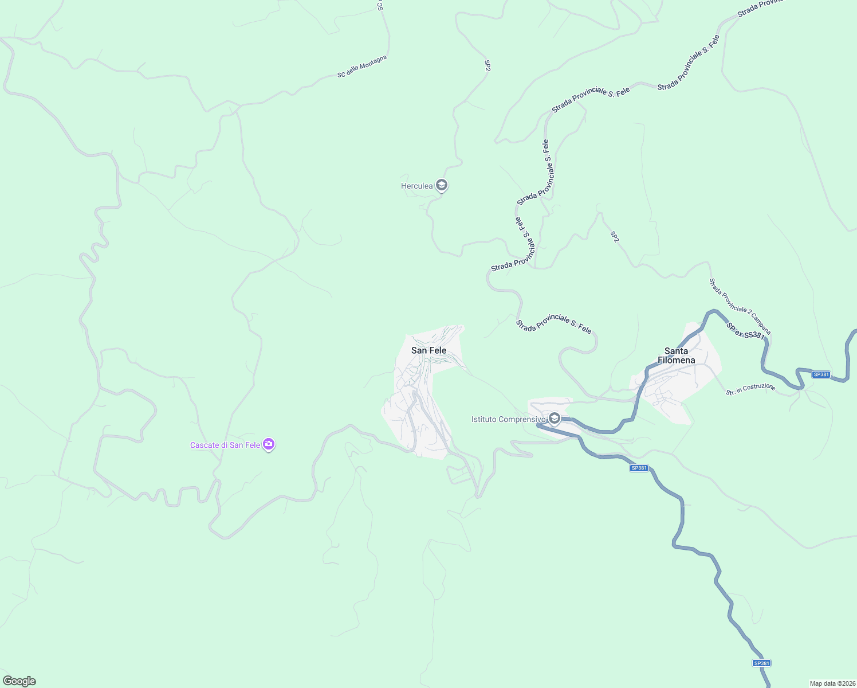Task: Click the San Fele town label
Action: (428, 350)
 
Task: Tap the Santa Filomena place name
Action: (676, 355)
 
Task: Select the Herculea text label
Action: (416, 186)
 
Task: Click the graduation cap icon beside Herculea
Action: (441, 185)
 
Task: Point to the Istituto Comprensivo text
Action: (508, 419)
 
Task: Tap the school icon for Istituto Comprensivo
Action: (554, 419)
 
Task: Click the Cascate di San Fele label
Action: (225, 445)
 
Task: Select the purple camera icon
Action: (269, 444)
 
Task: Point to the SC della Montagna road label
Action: (362, 66)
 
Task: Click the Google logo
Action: (19, 681)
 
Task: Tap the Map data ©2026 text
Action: (832, 683)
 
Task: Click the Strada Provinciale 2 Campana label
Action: (740, 306)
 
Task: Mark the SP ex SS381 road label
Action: (745, 331)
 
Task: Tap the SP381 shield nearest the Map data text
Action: (761, 663)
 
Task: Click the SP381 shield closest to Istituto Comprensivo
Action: (639, 468)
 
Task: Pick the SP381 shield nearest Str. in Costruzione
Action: (821, 374)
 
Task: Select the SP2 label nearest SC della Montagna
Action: (488, 65)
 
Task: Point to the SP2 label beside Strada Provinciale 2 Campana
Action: (615, 236)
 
